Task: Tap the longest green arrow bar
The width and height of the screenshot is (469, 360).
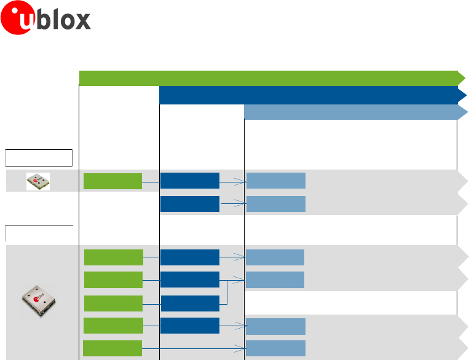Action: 270,78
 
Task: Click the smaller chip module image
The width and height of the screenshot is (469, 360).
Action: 38,181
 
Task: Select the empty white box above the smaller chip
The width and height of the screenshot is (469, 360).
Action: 39,157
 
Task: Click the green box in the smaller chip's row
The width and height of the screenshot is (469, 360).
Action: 112,181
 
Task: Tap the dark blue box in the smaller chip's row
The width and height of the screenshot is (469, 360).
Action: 189,181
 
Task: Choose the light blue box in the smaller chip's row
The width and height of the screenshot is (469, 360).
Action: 276,181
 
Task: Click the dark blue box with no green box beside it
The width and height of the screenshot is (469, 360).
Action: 189,204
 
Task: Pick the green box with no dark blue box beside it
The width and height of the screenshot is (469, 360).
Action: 112,348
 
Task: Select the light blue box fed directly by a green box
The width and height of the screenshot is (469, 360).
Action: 276,348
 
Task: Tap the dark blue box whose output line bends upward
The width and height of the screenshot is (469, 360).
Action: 189,303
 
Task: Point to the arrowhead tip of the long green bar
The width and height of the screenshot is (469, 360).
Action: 463,78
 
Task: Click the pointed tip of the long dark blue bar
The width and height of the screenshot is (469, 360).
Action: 465,95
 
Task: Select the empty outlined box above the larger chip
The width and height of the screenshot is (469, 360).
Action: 39,233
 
